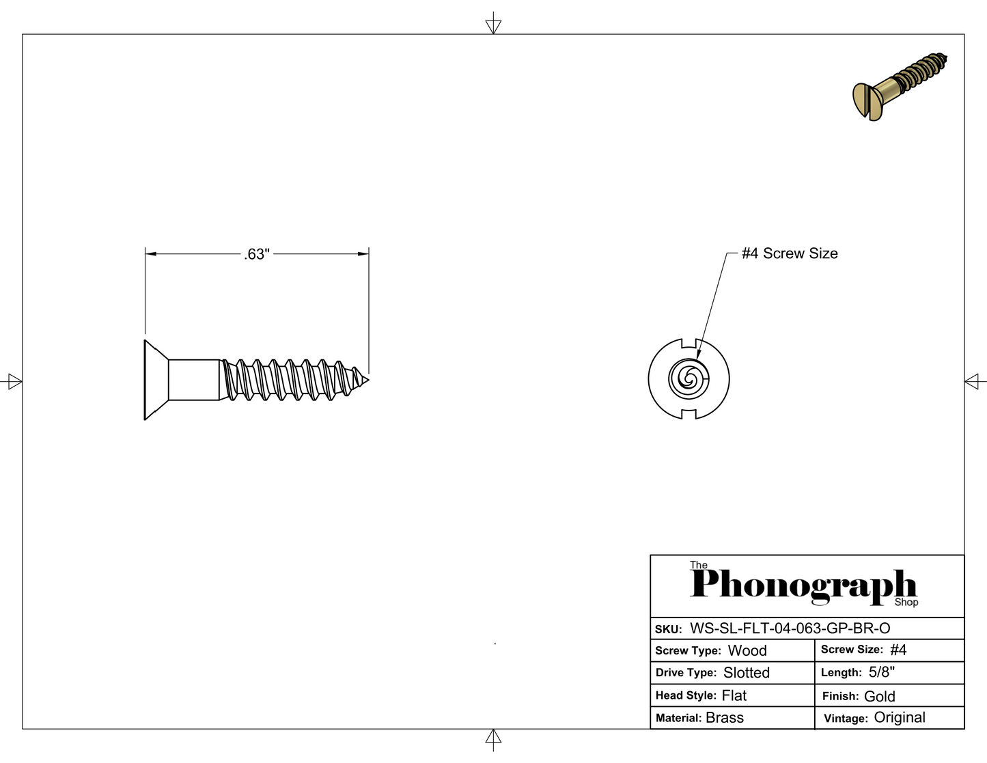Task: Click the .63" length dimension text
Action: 257,254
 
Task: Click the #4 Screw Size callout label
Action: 790,253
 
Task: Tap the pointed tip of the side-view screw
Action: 368,380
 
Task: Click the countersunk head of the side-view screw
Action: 156,380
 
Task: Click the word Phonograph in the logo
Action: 803,587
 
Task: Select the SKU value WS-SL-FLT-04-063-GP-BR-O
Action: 790,628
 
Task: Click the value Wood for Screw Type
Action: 747,650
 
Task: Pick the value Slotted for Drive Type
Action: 747,673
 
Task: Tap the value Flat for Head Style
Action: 734,695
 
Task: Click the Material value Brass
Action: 725,718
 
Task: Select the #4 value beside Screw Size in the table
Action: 898,650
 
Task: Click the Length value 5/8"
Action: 882,672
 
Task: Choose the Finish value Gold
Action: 879,696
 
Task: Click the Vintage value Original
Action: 900,718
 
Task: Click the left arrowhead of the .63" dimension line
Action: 151,254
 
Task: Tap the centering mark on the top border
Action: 493,23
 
